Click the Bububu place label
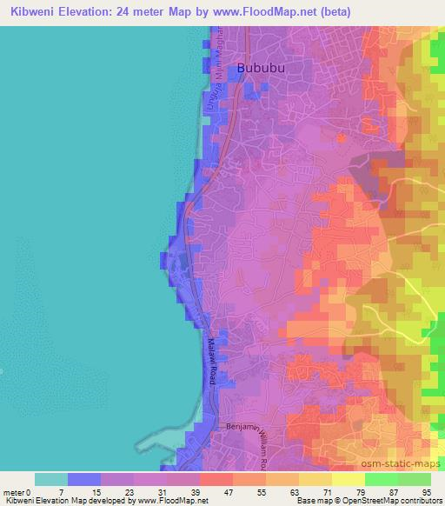262,68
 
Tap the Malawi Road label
211,361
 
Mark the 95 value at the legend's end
424,491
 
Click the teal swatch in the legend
50,479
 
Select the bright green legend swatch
415,479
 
